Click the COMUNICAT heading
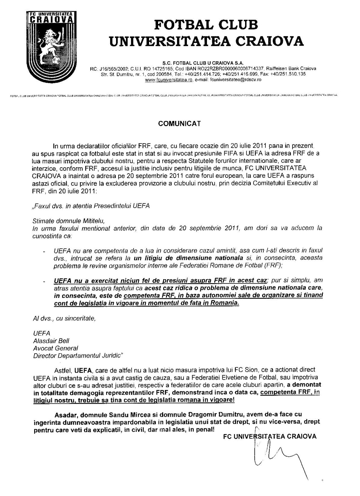[x=180, y=124]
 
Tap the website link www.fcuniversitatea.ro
[x=168, y=80]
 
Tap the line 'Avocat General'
[x=55, y=348]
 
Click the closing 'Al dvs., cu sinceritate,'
[x=64, y=318]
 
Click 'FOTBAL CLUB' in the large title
[x=206, y=25]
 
